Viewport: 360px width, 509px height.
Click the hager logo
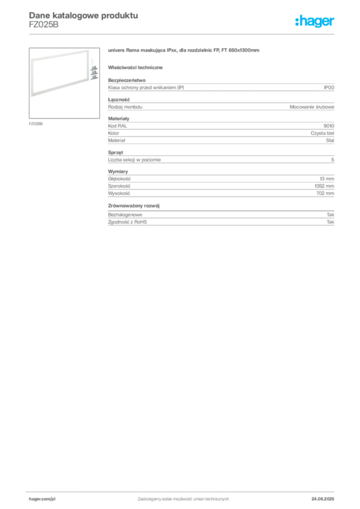315,21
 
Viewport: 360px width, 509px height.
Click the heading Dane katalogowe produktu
84,15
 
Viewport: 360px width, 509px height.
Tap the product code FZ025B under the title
44,25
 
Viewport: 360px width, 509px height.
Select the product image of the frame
64,83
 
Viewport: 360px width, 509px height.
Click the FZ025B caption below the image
36,124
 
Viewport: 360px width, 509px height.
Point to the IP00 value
329,87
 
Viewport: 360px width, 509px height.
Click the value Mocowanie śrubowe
312,107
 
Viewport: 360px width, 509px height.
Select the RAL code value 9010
329,126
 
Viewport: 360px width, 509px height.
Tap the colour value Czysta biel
322,133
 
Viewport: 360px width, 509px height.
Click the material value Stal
330,141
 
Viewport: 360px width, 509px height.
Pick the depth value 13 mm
327,179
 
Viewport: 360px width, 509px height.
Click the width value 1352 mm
324,186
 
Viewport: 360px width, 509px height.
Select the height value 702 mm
325,193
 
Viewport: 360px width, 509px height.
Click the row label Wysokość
119,193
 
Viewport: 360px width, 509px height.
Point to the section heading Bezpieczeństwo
127,80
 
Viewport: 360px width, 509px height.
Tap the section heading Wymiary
118,171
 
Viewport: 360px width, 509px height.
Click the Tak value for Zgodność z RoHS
331,222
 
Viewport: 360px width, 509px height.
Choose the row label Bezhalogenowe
125,215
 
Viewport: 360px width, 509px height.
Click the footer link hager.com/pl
42,499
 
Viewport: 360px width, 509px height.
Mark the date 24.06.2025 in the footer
323,499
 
